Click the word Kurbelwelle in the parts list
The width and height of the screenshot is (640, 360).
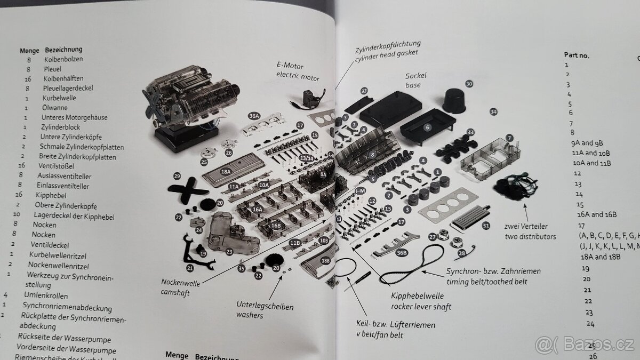point(59,98)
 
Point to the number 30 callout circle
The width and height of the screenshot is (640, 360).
point(469,84)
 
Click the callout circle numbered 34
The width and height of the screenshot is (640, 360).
point(493,111)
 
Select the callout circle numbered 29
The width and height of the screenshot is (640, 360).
point(177,175)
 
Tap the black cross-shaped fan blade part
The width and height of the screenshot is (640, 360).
point(187,190)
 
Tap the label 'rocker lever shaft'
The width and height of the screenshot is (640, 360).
point(421,306)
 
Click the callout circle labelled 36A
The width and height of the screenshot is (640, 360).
point(254,116)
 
